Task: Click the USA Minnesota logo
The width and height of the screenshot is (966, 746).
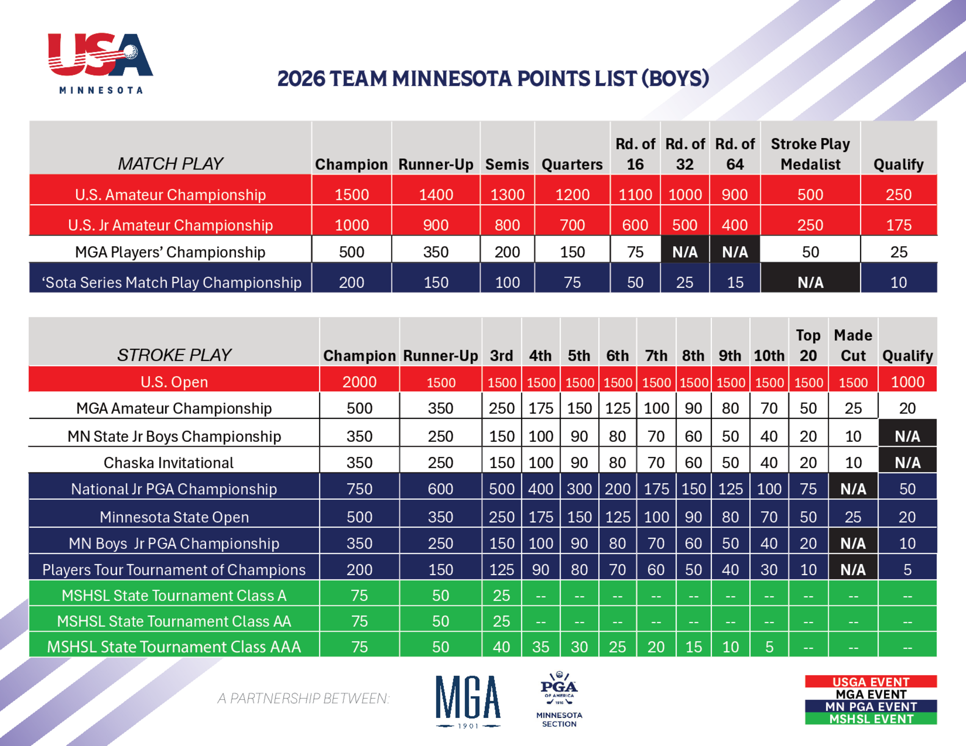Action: pos(101,63)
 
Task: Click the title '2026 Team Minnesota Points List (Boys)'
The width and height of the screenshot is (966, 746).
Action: pos(493,79)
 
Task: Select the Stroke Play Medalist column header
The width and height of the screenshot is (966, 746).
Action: pos(810,154)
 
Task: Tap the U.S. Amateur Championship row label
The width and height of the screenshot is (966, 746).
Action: pos(171,195)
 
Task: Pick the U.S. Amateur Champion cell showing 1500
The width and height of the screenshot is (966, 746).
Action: pos(352,195)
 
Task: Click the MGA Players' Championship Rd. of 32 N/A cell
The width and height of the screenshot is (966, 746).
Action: pos(685,252)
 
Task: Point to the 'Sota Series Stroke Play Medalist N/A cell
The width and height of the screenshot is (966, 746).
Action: pos(810,282)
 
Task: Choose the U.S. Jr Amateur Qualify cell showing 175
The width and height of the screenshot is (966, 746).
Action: pos(898,225)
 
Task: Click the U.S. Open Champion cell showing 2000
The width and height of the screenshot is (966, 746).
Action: pos(360,382)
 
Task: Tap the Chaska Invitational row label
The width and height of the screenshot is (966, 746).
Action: pos(169,463)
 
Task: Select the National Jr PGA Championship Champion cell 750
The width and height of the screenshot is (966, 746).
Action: pos(360,489)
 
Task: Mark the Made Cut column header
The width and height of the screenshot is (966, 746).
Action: pos(853,345)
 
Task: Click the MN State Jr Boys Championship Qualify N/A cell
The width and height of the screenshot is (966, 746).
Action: pos(907,436)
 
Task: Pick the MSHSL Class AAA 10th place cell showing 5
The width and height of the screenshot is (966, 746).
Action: pos(769,647)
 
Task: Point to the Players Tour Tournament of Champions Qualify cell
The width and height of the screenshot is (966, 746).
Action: pos(907,569)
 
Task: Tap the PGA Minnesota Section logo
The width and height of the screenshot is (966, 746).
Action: pos(559,699)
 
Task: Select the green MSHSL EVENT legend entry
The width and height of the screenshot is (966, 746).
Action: pos(871,718)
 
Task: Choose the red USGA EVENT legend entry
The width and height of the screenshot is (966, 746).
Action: pos(871,681)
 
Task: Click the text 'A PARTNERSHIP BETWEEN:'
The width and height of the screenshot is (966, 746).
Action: pos(303,698)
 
